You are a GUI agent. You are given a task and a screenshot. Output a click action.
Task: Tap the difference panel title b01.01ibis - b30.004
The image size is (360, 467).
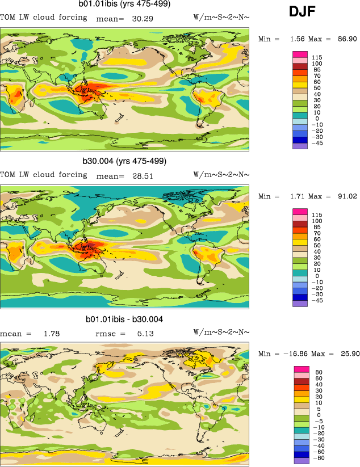coord(124,319)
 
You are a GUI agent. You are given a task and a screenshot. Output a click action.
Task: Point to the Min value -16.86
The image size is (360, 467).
coord(301,354)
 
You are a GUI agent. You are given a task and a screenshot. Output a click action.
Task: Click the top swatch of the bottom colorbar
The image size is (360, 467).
coord(301,369)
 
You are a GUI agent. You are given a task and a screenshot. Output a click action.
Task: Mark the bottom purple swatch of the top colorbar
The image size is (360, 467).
coord(300,146)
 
